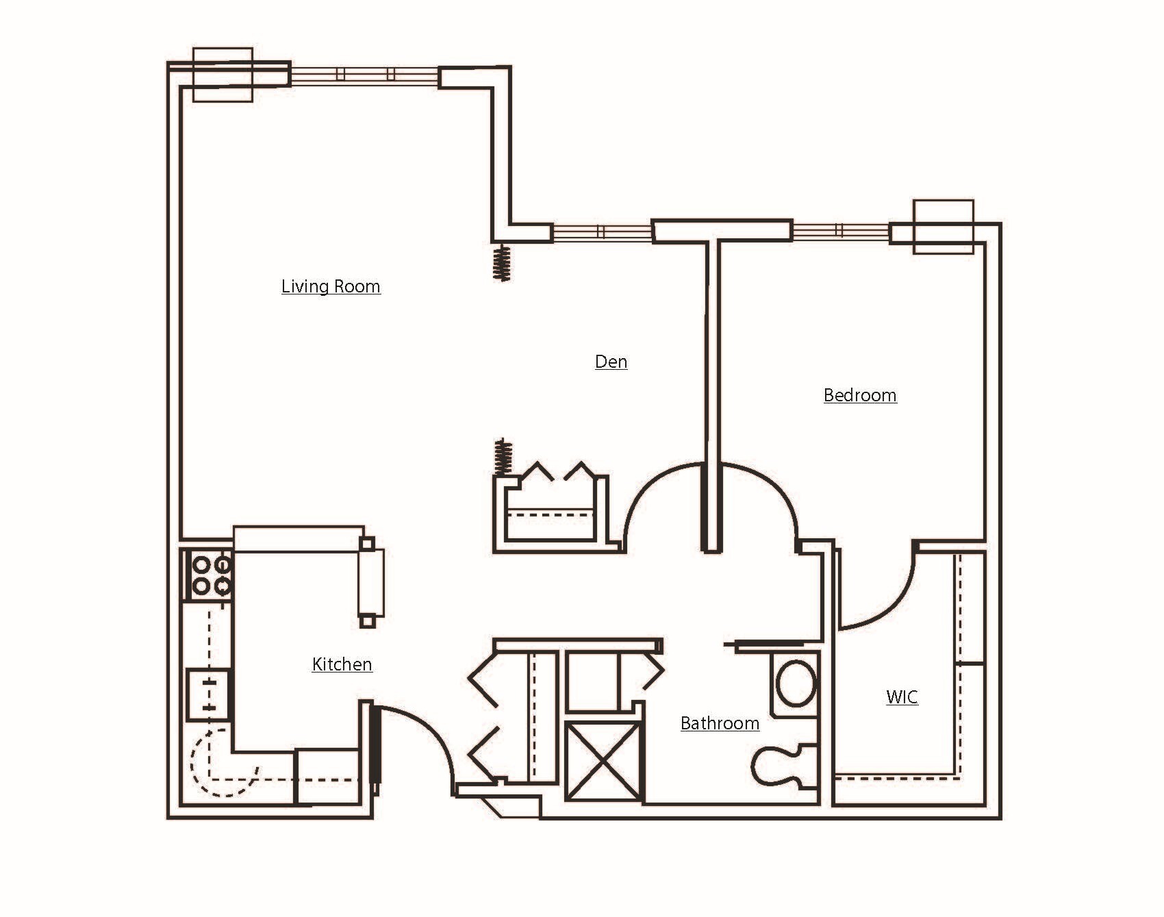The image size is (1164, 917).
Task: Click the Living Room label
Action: [x=331, y=286]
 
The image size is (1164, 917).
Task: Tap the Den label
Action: [x=611, y=362]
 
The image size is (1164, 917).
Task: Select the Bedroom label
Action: [x=860, y=395]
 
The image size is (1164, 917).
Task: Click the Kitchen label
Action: [x=342, y=664]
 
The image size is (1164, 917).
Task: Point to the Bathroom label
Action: [x=720, y=723]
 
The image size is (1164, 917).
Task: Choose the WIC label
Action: [x=902, y=697]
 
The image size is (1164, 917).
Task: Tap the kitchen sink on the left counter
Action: [x=209, y=693]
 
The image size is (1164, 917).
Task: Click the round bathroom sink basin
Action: [x=796, y=683]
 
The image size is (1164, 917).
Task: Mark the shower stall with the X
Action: [x=603, y=761]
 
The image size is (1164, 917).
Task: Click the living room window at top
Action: [x=364, y=75]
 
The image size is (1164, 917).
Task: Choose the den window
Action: [x=601, y=232]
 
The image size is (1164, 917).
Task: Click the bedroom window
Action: [x=841, y=231]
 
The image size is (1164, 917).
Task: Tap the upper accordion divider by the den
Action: [x=502, y=263]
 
